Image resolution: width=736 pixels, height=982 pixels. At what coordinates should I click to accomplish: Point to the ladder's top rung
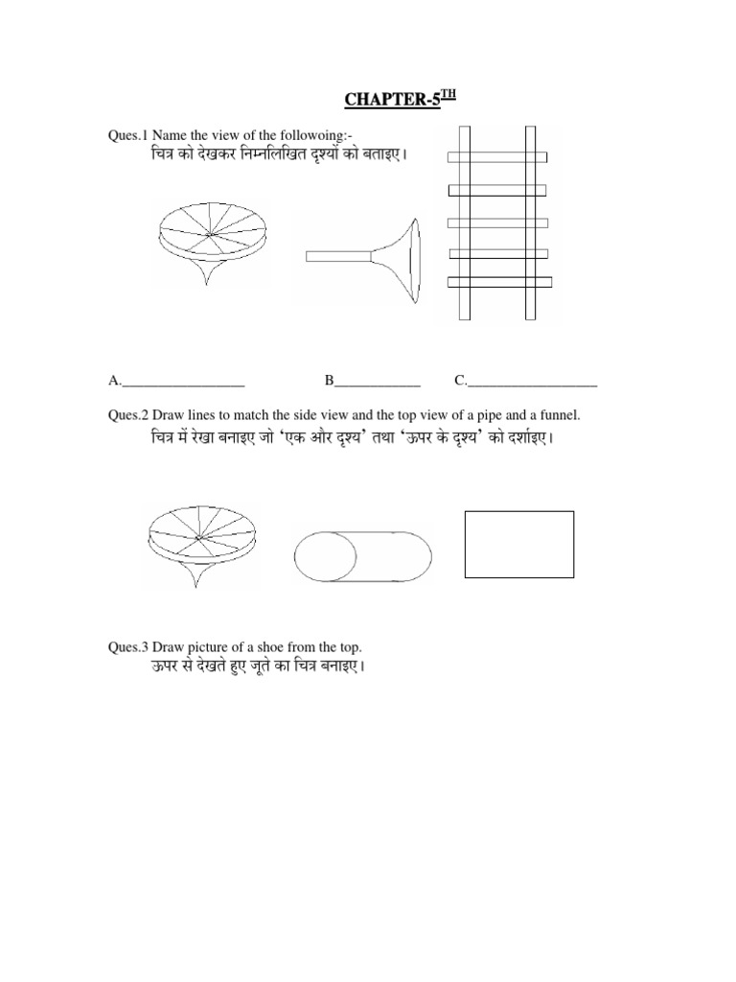pyautogui.click(x=498, y=156)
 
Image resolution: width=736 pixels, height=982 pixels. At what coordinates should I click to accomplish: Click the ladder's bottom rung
pyautogui.click(x=499, y=282)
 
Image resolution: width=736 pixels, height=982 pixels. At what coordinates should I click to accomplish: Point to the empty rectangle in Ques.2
pyautogui.click(x=518, y=544)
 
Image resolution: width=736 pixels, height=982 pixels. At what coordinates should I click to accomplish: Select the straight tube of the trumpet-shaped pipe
pyautogui.click(x=338, y=256)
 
